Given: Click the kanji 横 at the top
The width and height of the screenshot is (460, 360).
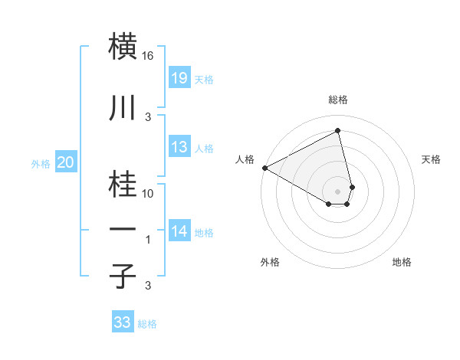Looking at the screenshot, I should tap(124, 45).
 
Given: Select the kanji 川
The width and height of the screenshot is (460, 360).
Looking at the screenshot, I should tap(124, 108).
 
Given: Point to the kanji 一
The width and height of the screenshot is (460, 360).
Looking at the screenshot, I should tap(124, 229).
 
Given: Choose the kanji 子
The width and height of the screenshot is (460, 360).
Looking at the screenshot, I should tap(124, 276).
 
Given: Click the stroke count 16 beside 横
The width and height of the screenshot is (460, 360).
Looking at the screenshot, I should tap(149, 56).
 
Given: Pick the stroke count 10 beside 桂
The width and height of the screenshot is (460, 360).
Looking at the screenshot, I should tap(149, 194).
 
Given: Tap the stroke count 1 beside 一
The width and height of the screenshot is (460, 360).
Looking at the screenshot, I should tap(149, 240).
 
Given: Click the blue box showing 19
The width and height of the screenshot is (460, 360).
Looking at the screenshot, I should tap(179, 77).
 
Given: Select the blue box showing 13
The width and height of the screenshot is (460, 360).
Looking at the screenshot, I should tap(179, 147).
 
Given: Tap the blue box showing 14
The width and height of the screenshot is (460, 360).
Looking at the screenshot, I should tap(179, 231).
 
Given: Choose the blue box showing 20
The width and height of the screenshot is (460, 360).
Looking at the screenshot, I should tap(65, 162).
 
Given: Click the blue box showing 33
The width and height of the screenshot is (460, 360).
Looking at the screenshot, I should tap(123, 322).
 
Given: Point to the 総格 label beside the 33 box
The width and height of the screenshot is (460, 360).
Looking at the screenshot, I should tap(148, 324).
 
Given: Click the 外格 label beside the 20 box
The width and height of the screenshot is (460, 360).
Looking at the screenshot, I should tap(41, 163).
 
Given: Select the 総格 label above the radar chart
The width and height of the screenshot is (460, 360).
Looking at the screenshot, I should tap(338, 100).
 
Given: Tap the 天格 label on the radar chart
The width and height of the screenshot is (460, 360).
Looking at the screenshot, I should tap(432, 159).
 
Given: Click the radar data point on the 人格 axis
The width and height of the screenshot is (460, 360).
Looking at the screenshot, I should tap(264, 168).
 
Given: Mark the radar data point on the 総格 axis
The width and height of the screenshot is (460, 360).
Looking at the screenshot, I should tap(338, 130).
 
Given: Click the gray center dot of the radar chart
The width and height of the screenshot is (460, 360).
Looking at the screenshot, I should tap(338, 190).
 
